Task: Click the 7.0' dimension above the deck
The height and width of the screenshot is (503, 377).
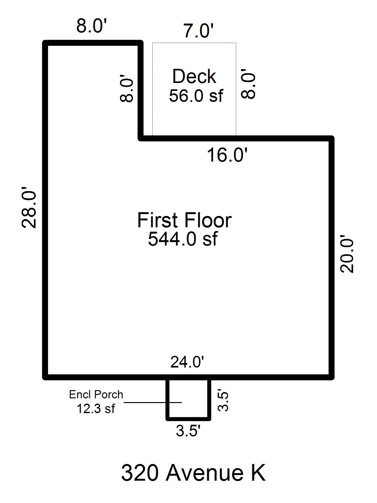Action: (x=199, y=31)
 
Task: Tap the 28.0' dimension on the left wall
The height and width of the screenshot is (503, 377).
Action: (x=29, y=207)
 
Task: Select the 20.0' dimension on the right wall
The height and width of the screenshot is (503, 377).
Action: (x=347, y=254)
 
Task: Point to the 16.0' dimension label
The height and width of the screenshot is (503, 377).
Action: (x=227, y=155)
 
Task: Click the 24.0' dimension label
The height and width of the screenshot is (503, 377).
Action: (x=187, y=362)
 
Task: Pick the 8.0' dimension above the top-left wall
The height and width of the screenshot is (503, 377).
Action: (x=91, y=25)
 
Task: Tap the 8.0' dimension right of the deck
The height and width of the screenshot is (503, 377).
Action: (x=248, y=84)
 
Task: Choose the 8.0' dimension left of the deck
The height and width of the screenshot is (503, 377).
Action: (x=126, y=88)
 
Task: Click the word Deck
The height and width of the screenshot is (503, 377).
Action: (x=194, y=76)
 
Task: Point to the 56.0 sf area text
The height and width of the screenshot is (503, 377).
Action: (x=196, y=96)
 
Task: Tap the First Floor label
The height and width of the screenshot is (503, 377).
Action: (x=184, y=220)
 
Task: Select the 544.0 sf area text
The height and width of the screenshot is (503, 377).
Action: (x=183, y=239)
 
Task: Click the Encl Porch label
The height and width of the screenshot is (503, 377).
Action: (x=96, y=395)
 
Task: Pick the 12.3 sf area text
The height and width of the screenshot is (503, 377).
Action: (x=96, y=409)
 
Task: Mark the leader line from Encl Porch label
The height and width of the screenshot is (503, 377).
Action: (x=152, y=402)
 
